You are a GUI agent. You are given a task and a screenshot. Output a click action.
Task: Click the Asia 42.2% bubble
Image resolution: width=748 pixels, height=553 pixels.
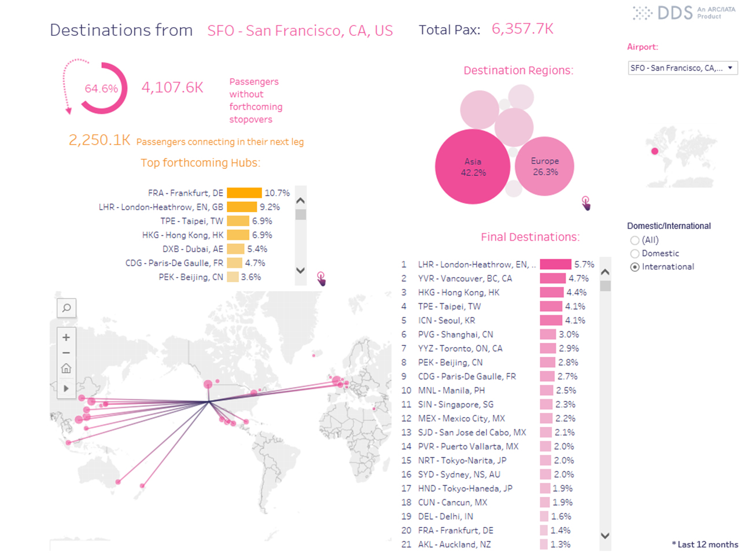click(x=473, y=167)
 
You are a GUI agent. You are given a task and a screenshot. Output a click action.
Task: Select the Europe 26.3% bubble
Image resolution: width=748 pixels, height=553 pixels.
click(x=544, y=167)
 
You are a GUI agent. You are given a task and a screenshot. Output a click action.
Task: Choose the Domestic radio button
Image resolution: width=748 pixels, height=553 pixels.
click(x=635, y=254)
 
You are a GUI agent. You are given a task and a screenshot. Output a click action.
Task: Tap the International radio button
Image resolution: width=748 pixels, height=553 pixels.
click(x=635, y=267)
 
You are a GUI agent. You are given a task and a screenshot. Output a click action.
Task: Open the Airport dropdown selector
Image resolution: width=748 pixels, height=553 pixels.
click(x=682, y=68)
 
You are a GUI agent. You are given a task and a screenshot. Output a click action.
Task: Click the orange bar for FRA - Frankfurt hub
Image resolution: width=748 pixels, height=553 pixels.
click(x=244, y=193)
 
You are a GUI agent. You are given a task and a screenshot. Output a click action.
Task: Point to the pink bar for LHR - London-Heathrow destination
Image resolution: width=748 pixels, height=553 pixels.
click(x=555, y=264)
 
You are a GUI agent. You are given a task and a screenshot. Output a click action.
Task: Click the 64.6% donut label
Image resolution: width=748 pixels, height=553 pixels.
click(x=101, y=89)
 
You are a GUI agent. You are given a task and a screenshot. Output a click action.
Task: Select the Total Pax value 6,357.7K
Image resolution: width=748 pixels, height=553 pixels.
click(x=522, y=29)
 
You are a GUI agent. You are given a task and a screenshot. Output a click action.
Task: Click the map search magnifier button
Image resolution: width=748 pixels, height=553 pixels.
click(x=67, y=308)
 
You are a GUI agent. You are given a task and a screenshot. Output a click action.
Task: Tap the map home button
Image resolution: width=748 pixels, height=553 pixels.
click(x=67, y=368)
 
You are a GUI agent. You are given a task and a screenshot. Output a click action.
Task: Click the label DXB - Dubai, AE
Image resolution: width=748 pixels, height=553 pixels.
click(x=193, y=249)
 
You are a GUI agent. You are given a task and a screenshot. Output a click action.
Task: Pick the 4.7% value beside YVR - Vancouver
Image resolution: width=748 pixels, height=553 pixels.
click(x=578, y=278)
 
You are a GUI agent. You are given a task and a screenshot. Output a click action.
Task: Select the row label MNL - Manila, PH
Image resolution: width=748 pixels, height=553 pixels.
click(x=451, y=390)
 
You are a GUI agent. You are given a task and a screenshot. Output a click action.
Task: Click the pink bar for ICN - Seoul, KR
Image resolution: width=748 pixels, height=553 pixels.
click(x=551, y=320)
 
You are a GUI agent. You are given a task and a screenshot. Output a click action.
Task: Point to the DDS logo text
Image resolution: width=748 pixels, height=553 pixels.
click(x=675, y=13)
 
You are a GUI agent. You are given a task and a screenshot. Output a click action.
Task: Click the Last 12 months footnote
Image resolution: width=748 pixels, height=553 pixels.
click(x=705, y=544)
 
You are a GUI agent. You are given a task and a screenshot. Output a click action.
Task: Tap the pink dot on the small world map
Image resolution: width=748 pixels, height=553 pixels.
click(x=655, y=152)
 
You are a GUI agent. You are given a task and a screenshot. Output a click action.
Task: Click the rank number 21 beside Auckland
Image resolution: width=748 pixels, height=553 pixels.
click(x=406, y=544)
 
